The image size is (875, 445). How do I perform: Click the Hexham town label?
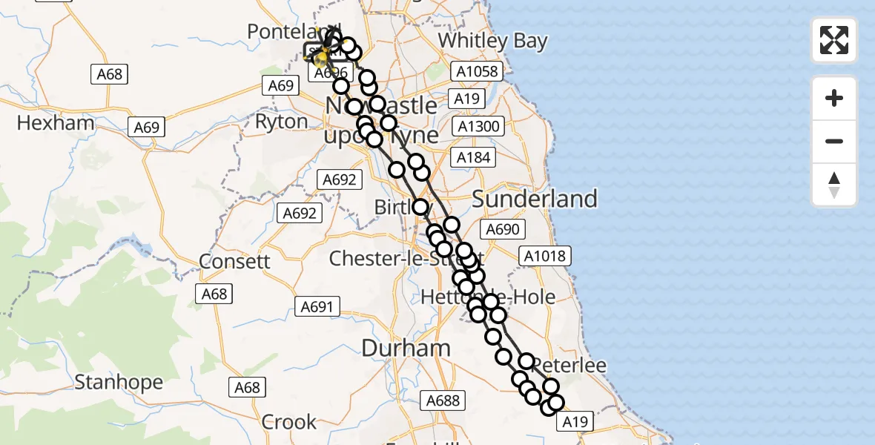tap(56, 122)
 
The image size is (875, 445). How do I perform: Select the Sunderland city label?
tap(534, 199)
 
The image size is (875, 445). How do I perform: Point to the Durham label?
tap(406, 348)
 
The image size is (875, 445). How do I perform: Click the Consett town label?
tap(234, 262)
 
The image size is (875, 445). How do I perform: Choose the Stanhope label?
tap(119, 383)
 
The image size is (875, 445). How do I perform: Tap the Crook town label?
tap(289, 422)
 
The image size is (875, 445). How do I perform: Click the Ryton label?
tap(281, 122)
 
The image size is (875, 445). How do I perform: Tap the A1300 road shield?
tap(478, 126)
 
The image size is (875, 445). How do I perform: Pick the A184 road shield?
tap(473, 157)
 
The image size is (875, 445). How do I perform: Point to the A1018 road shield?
tap(544, 257)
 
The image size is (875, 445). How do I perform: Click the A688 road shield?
tap(443, 400)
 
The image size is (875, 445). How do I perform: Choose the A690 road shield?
tap(501, 229)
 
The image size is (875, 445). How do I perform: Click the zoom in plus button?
tap(834, 98)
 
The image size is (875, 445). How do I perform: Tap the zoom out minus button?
tap(834, 141)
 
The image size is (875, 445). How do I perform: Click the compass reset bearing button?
tap(834, 185)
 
